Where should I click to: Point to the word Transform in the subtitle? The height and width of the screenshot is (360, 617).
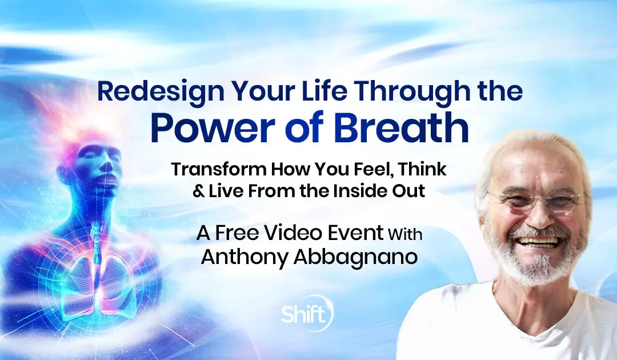coord(219,169)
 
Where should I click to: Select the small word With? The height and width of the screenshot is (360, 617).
coord(405,234)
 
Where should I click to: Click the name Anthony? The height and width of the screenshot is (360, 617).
coord(244,257)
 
